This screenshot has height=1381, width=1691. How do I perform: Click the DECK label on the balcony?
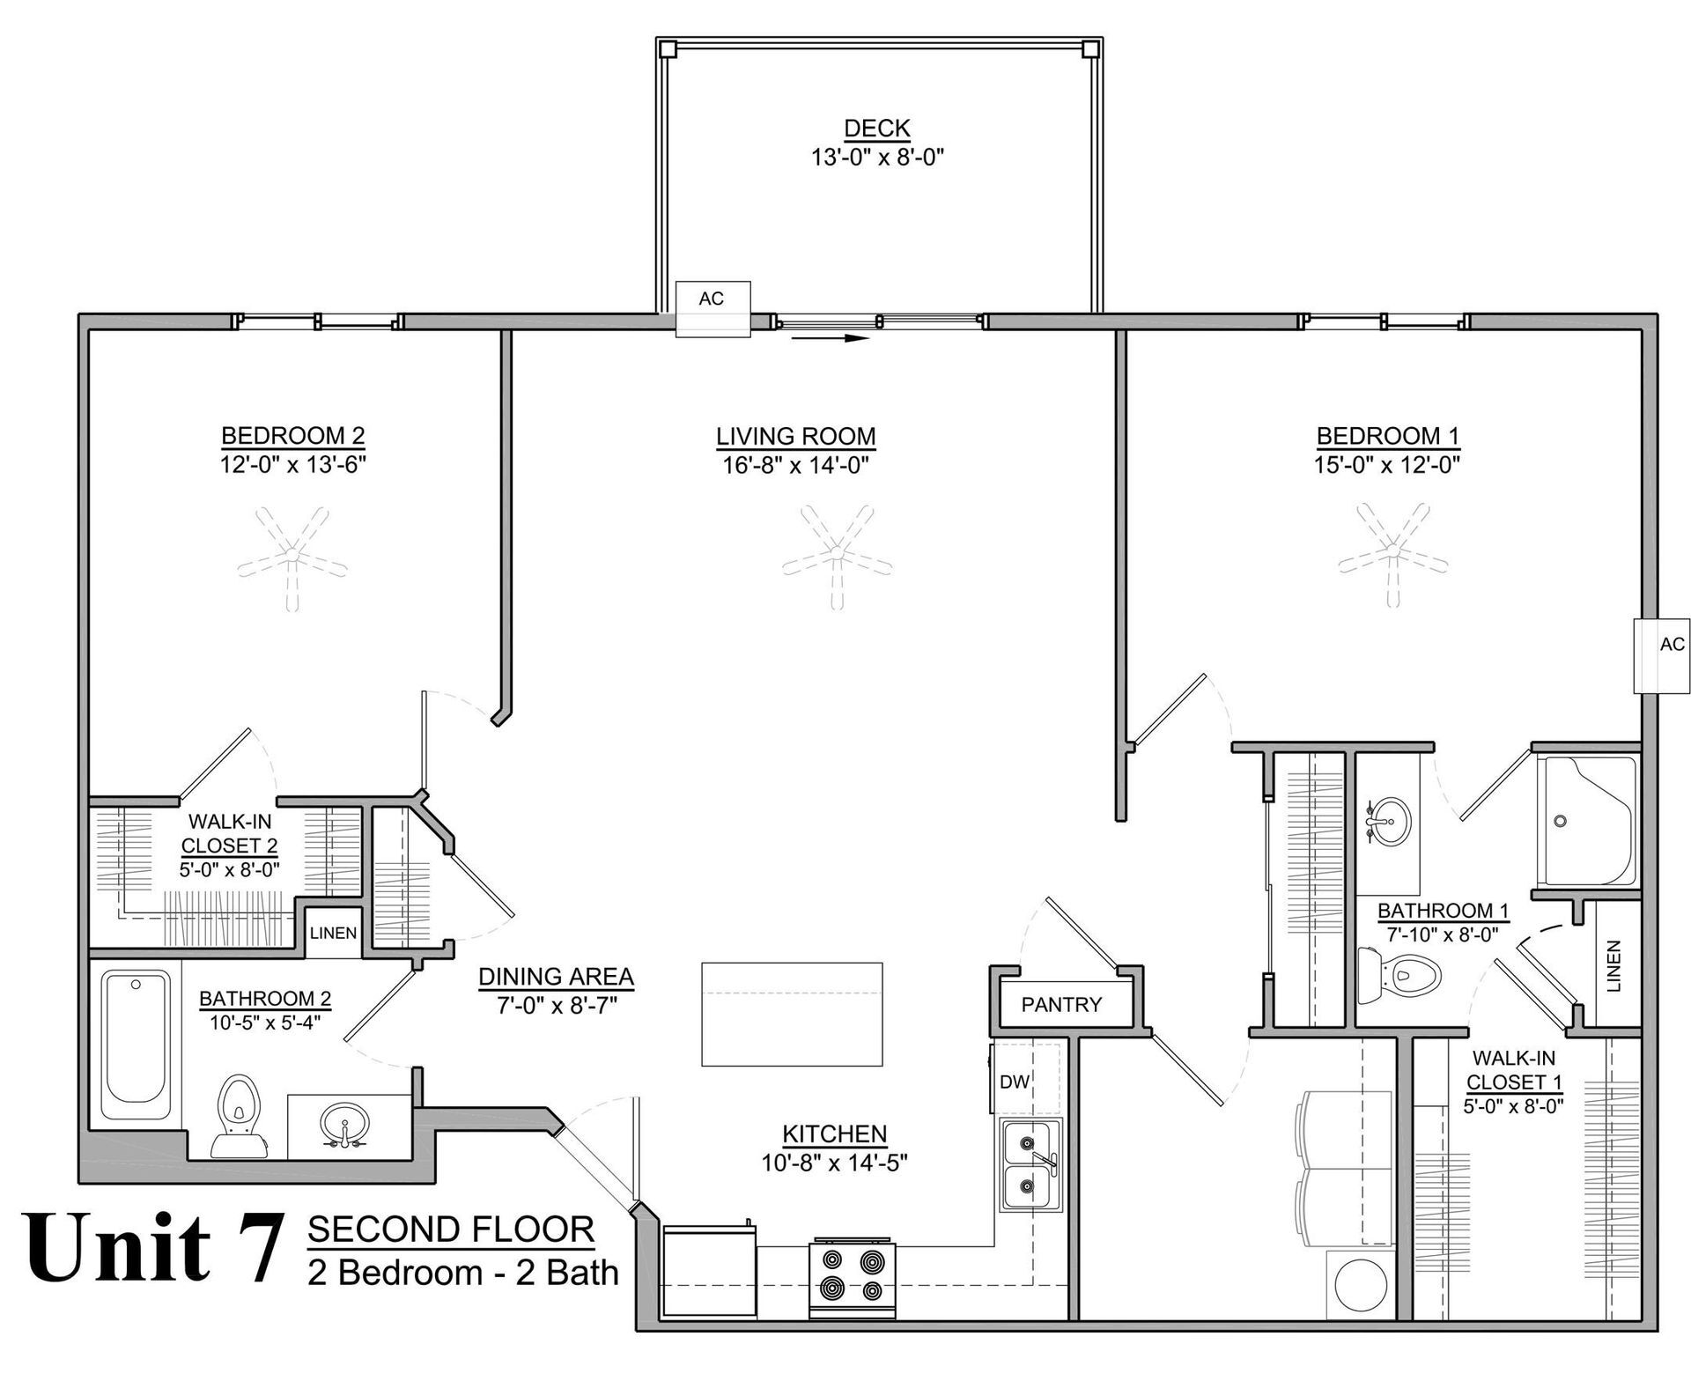tap(876, 129)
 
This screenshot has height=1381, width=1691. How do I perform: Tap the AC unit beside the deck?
tap(713, 308)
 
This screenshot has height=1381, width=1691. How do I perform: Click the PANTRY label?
tap(1061, 1004)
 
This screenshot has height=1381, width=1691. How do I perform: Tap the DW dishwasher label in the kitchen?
tap(1015, 1082)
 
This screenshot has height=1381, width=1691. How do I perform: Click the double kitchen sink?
tap(1030, 1164)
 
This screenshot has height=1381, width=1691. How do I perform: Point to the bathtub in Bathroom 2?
tap(137, 1046)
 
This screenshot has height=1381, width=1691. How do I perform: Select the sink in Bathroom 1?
tap(1386, 820)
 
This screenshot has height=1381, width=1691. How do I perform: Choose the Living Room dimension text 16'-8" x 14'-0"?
tap(795, 465)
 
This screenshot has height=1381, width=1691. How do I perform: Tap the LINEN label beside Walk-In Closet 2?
tap(333, 933)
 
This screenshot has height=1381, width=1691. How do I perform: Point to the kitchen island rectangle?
tap(792, 1015)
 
